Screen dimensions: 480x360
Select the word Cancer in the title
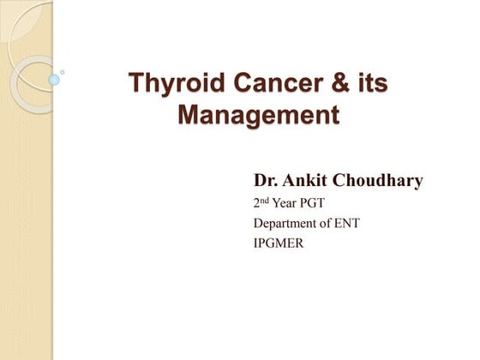279,82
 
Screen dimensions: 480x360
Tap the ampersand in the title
340,82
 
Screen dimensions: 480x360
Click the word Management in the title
259,116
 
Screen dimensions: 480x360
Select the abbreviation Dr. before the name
266,180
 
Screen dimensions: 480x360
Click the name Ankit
304,180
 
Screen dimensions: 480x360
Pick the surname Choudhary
377,181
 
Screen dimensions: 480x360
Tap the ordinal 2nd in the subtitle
261,202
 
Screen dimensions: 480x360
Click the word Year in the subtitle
285,203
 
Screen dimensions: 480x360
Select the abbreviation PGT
312,203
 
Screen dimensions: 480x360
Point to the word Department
285,224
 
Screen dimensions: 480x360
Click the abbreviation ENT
347,223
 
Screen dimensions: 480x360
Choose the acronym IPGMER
279,243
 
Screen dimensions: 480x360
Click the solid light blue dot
54,80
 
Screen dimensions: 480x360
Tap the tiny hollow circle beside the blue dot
62,72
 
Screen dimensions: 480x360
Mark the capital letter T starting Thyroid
136,82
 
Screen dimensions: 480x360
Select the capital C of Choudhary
339,180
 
